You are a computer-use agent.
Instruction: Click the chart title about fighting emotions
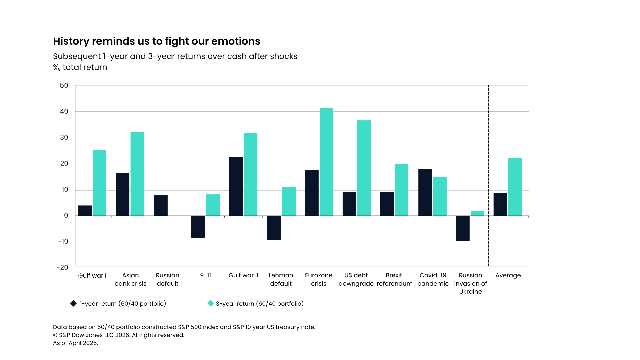(156, 41)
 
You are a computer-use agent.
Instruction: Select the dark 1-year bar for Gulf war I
(85, 211)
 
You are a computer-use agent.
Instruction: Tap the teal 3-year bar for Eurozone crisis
(326, 162)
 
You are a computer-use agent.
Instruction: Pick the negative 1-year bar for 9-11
(198, 227)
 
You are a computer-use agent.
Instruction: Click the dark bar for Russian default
(161, 206)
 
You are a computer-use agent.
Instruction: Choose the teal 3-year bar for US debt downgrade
(364, 168)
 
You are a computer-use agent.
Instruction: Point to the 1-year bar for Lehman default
(274, 228)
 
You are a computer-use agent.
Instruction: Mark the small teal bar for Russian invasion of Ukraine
(477, 213)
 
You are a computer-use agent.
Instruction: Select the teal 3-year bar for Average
(515, 187)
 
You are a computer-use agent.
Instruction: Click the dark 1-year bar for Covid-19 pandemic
(425, 193)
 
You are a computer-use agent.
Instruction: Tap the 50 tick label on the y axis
(64, 86)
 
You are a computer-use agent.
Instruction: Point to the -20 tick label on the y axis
(62, 267)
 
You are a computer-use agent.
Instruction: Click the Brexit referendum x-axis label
(394, 279)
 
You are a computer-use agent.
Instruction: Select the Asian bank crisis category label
(130, 279)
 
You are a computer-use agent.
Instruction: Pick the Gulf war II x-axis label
(243, 275)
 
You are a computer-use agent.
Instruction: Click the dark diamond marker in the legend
(73, 303)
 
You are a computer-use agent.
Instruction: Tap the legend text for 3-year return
(260, 304)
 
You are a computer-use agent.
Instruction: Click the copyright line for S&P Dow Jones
(119, 335)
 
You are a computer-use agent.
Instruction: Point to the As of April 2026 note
(76, 343)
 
